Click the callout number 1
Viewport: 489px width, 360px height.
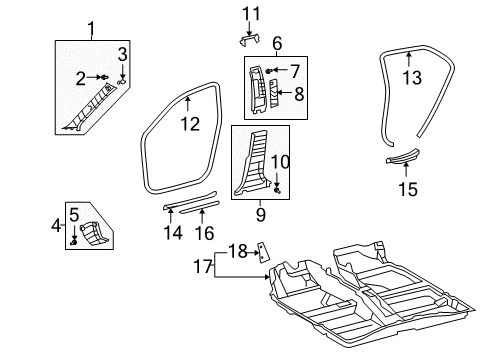[x=93, y=27]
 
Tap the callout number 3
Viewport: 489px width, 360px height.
[x=122, y=54]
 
